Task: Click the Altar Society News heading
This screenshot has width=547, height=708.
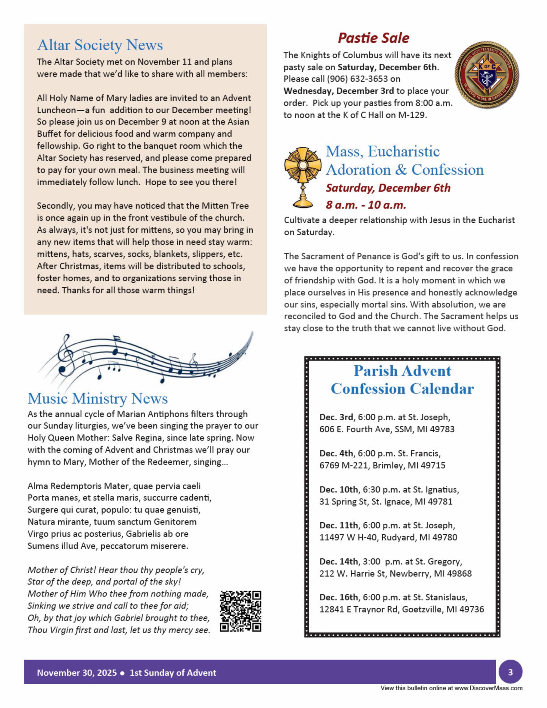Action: [x=100, y=45]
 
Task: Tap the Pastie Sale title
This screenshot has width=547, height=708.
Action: [x=373, y=38]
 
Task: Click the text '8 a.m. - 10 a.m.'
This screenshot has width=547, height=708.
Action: [x=366, y=205]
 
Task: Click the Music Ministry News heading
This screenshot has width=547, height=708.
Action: [x=98, y=398]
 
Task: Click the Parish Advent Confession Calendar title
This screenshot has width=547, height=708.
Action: [x=402, y=380]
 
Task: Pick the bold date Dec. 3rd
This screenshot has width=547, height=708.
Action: [x=336, y=417]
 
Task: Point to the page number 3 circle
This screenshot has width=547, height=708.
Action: [x=510, y=672]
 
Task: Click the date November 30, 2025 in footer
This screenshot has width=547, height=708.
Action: [x=77, y=673]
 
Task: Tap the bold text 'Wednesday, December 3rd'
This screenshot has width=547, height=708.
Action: [x=339, y=91]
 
